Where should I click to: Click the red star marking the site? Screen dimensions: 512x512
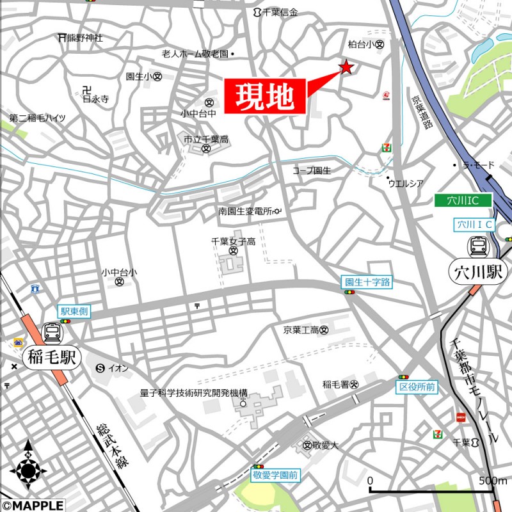(346, 67)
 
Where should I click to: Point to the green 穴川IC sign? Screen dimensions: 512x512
(463, 201)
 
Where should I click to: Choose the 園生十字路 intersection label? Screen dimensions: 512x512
(367, 281)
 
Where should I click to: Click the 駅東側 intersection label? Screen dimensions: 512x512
(74, 312)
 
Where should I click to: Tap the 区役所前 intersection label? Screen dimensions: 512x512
(417, 387)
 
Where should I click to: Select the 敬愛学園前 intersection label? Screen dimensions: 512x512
(275, 476)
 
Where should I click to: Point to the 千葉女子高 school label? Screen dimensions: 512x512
(233, 241)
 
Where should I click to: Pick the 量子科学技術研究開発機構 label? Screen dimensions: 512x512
(193, 392)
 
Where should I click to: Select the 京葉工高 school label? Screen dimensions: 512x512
(301, 330)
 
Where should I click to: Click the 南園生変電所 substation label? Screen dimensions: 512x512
(245, 211)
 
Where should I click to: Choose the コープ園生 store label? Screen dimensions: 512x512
(312, 170)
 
